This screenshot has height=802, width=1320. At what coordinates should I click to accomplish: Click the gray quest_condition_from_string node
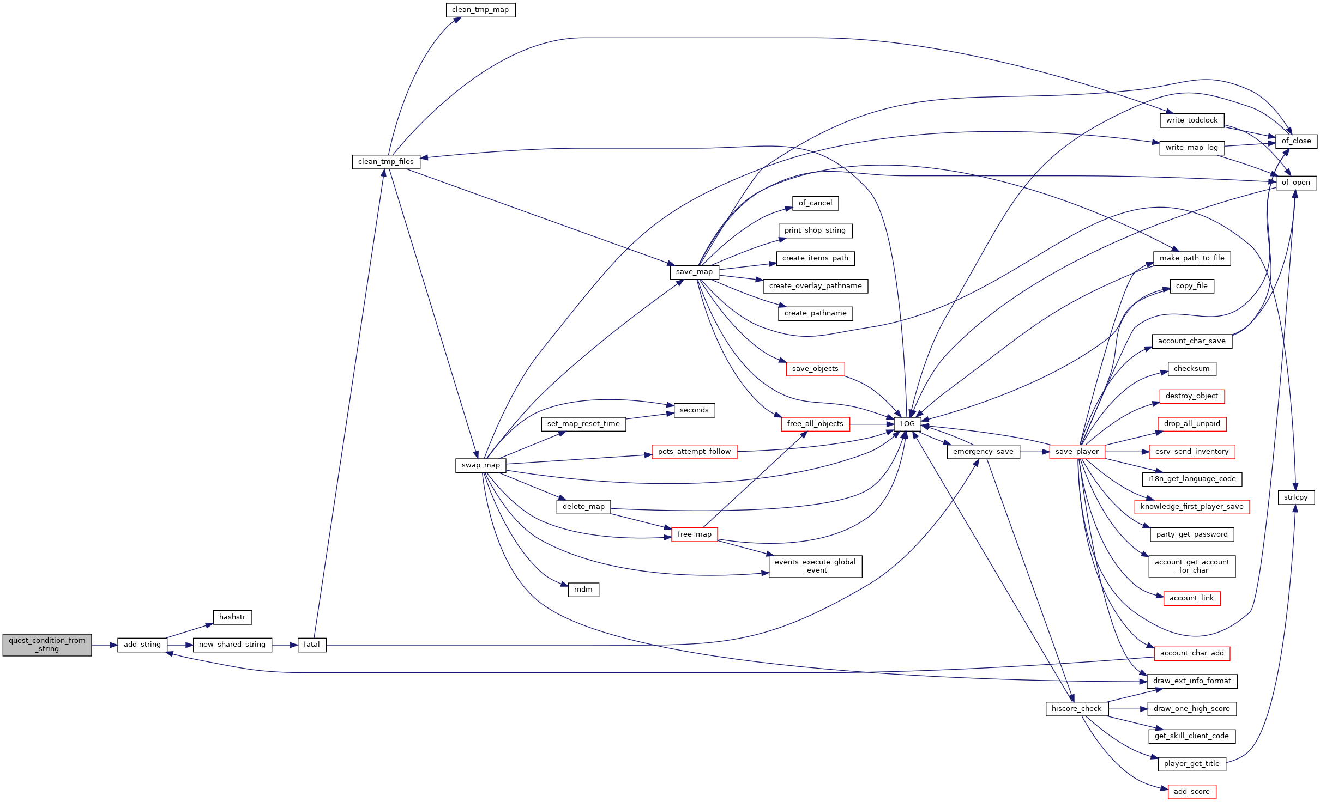(x=47, y=645)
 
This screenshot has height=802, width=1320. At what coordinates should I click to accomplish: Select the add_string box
(x=142, y=645)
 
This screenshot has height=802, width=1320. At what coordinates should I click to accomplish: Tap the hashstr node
(x=232, y=617)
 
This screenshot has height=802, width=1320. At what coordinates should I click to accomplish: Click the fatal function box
(x=312, y=645)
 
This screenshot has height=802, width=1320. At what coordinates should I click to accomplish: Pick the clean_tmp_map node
(x=480, y=10)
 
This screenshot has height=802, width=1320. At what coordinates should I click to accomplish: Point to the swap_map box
(x=481, y=465)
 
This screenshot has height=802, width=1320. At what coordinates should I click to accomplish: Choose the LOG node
(x=907, y=424)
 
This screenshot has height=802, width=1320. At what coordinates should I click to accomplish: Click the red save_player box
(x=1077, y=452)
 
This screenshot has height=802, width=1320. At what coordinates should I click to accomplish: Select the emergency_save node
(x=983, y=452)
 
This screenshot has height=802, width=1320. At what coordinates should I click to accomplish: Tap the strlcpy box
(x=1296, y=497)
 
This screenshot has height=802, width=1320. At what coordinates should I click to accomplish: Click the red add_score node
(x=1192, y=792)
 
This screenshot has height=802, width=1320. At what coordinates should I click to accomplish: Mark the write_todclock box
(x=1192, y=120)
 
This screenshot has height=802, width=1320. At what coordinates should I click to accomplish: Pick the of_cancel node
(x=815, y=203)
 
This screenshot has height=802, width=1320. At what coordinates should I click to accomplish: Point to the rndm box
(x=583, y=590)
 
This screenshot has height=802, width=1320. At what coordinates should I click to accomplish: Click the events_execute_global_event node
(x=815, y=566)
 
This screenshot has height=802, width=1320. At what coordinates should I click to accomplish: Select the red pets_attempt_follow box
(x=694, y=452)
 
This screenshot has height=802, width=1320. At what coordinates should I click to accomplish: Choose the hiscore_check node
(x=1077, y=709)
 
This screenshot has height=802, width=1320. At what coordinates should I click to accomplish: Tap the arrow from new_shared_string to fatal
(x=285, y=645)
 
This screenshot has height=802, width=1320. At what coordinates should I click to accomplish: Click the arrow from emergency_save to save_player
(x=1034, y=452)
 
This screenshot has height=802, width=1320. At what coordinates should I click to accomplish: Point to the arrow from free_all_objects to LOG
(x=872, y=424)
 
